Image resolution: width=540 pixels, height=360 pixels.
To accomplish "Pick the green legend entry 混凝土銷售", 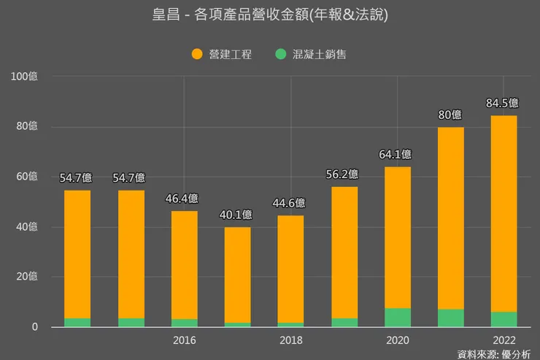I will pyautogui.click(x=311, y=54).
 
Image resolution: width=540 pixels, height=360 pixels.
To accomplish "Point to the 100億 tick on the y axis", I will pyautogui.click(x=23, y=77).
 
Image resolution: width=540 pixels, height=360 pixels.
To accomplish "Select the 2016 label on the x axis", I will pyautogui.click(x=184, y=340).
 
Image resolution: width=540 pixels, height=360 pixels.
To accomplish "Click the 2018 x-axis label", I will pyautogui.click(x=291, y=340).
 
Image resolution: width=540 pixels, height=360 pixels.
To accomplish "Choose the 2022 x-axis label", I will pyautogui.click(x=504, y=340).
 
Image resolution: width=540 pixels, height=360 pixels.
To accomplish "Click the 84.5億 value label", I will pyautogui.click(x=502, y=103).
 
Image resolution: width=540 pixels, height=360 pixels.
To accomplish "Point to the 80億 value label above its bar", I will pyautogui.click(x=450, y=115).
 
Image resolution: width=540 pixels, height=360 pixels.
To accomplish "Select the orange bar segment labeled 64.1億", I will pyautogui.click(x=398, y=237).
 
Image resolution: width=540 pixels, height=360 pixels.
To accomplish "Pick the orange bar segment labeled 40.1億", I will pyautogui.click(x=237, y=275).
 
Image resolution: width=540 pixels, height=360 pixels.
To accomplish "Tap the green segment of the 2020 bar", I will pyautogui.click(x=398, y=318).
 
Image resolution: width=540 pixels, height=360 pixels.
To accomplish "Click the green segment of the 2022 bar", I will pyautogui.click(x=504, y=320).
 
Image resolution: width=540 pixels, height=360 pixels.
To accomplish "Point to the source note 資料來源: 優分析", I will pyautogui.click(x=493, y=354).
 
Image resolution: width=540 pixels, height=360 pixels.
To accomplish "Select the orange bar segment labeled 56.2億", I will pyautogui.click(x=344, y=252).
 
